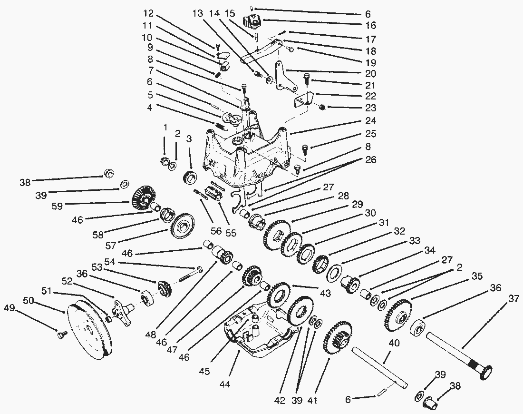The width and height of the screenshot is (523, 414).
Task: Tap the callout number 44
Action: pyautogui.click(x=225, y=384)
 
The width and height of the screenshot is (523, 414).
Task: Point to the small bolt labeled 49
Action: pyautogui.click(x=61, y=335)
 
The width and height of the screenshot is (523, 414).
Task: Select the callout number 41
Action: pyautogui.click(x=312, y=401)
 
